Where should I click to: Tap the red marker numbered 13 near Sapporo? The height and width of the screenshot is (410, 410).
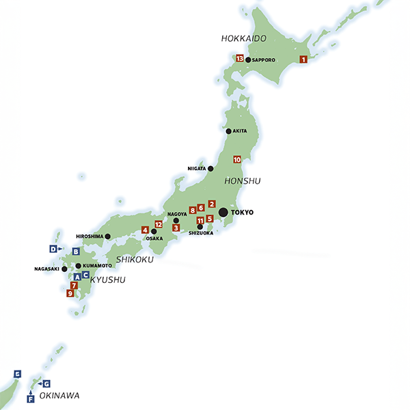click(x=240, y=59)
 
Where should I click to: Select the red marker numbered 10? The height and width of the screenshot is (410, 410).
click(x=237, y=159)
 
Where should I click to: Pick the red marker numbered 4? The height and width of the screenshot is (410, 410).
click(x=145, y=230)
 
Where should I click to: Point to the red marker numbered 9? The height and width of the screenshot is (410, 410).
click(x=70, y=293)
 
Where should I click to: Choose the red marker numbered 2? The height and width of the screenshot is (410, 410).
click(x=212, y=204)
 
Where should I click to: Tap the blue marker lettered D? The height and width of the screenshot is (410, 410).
click(x=53, y=248)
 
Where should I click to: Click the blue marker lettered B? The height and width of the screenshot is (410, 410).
click(x=76, y=251)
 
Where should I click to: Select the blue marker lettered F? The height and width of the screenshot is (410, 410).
click(x=30, y=398)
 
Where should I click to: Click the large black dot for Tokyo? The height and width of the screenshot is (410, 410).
click(x=223, y=213)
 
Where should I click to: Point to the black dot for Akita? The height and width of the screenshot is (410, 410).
click(x=228, y=131)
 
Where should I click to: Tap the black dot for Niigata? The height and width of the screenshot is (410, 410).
click(x=210, y=168)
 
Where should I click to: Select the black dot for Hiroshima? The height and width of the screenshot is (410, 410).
click(x=107, y=236)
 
